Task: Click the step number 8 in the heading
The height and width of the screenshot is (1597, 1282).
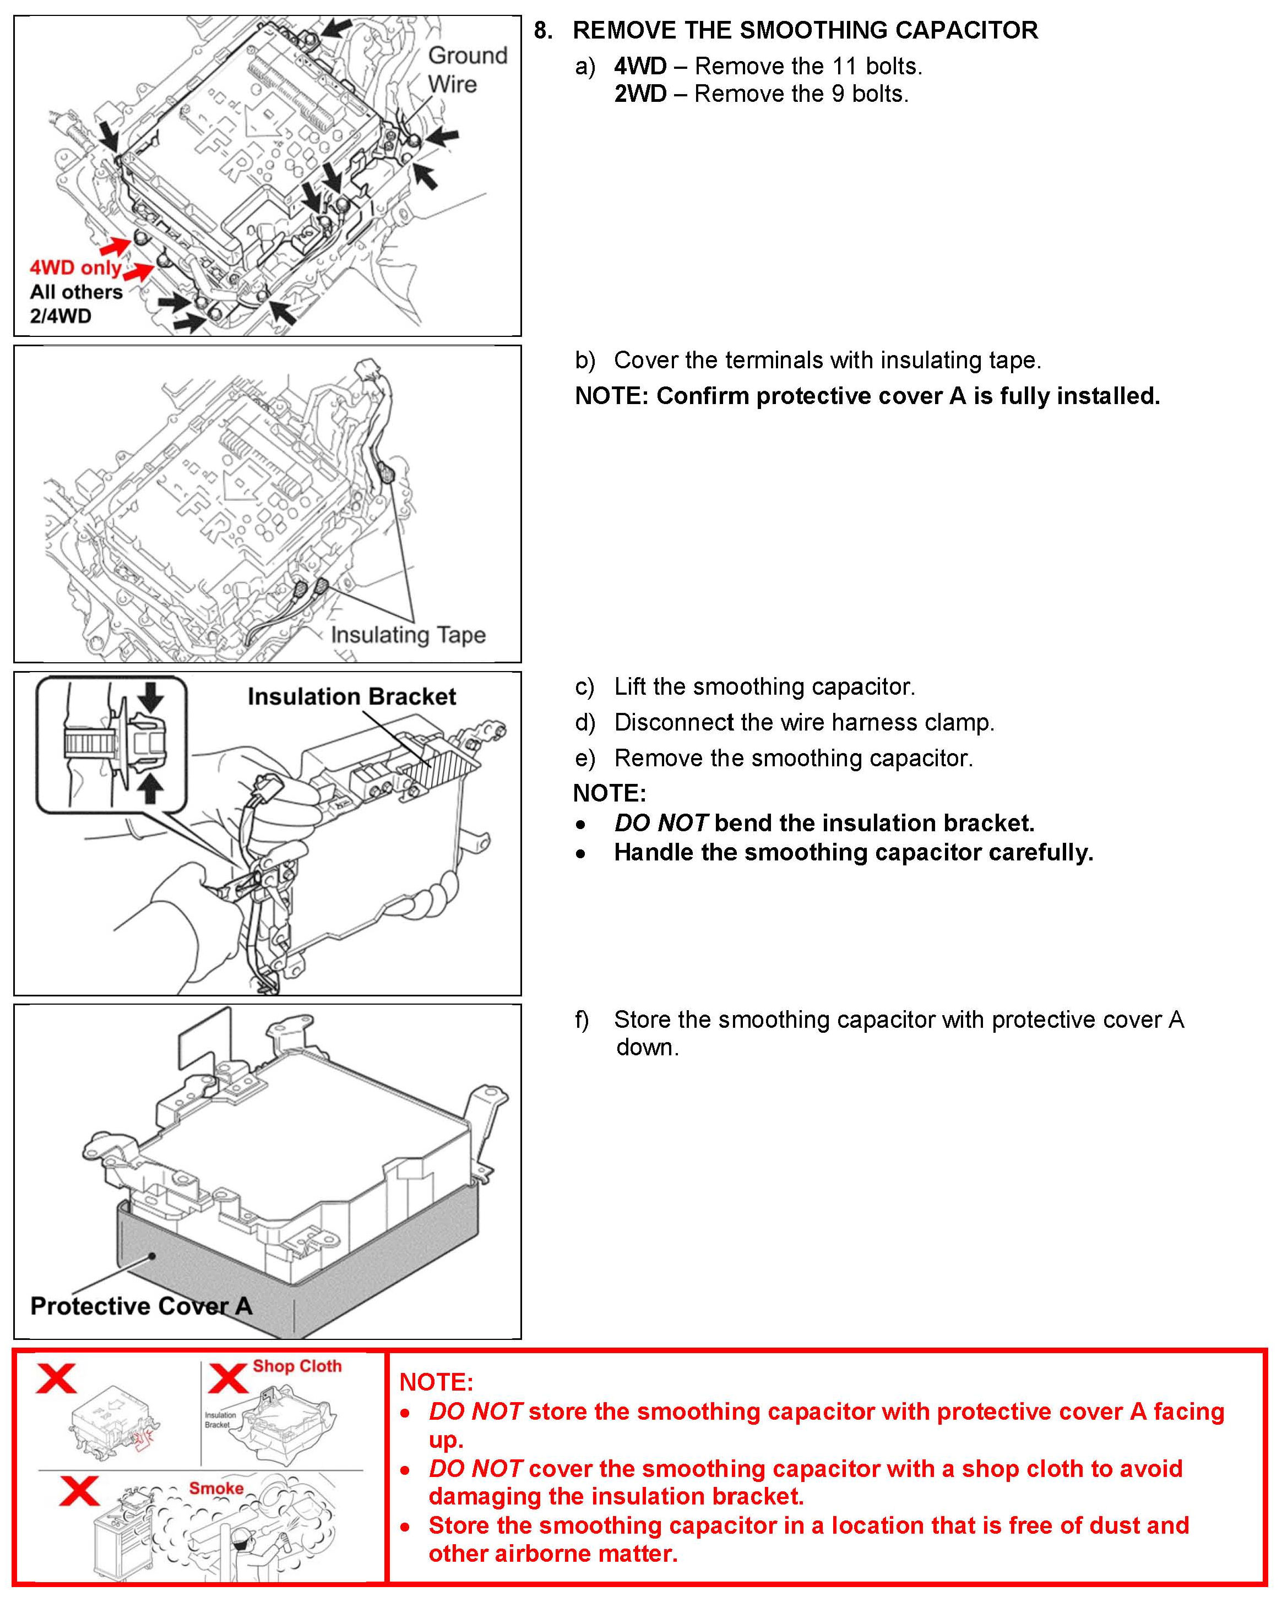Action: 542,30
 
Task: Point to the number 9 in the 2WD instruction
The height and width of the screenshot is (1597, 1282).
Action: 838,94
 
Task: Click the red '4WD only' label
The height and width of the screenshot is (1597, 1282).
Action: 75,268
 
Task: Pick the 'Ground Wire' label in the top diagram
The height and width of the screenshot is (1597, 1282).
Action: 467,69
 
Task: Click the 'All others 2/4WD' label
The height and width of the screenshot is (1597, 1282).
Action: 75,304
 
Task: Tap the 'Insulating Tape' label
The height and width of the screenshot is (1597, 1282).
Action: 408,635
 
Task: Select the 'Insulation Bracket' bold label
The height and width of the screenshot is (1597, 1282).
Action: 351,696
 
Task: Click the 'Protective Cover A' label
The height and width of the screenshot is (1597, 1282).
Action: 141,1306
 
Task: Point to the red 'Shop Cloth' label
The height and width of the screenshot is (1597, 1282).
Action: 297,1366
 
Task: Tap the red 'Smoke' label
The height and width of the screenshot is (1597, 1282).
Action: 216,1488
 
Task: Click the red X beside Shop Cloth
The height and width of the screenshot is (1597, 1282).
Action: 227,1378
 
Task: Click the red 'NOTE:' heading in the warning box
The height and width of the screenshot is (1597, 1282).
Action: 436,1382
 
